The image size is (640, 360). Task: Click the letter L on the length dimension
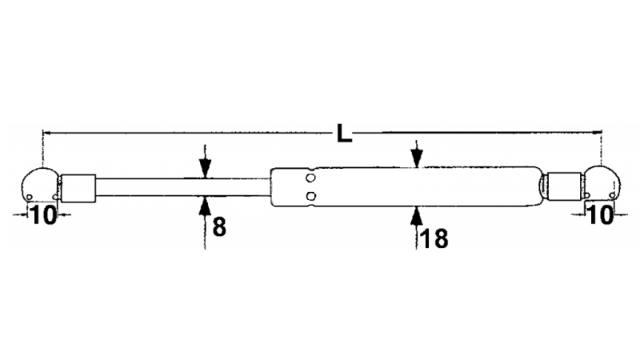(x=344, y=133)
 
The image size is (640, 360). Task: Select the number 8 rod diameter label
(x=219, y=227)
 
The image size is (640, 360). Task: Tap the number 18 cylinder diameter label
(x=434, y=238)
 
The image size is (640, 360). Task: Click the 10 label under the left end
(x=43, y=215)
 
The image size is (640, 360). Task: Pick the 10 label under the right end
(x=600, y=214)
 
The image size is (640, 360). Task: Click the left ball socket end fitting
(x=40, y=185)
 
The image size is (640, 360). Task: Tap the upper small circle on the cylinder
(x=311, y=178)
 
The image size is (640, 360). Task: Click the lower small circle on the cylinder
(x=311, y=196)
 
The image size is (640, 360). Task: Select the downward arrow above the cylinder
(x=416, y=154)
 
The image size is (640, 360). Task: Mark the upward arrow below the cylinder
(x=416, y=228)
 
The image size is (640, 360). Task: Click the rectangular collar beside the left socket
(x=78, y=188)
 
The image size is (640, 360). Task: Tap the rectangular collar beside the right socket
(x=565, y=186)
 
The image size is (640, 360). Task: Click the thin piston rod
(x=183, y=187)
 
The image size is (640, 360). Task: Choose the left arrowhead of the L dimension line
(x=46, y=133)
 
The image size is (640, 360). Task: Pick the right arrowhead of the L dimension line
(x=598, y=132)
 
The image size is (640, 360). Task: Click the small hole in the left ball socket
(x=30, y=198)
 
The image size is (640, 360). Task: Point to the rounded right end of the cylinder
(x=539, y=186)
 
